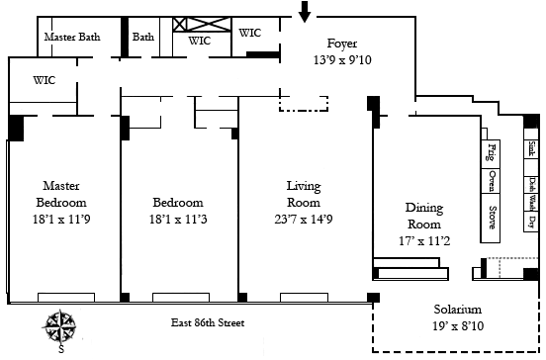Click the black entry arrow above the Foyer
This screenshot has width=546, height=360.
tap(305, 11)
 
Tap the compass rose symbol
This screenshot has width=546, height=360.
tap(60, 326)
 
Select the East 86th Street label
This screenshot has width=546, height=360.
tap(208, 322)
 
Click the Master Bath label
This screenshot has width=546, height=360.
tap(72, 37)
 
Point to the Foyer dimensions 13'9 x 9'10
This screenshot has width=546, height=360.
tap(342, 60)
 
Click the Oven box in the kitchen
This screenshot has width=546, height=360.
tap(491, 181)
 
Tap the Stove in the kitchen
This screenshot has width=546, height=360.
tap(491, 218)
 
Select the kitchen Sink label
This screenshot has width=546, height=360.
tap(531, 148)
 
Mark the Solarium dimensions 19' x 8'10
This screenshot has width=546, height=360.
tap(458, 326)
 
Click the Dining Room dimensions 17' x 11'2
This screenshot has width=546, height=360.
tap(424, 241)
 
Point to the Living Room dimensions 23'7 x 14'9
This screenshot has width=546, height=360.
tap(304, 220)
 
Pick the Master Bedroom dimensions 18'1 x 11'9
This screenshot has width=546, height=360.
tap(61, 220)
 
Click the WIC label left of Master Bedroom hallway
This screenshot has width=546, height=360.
tap(45, 80)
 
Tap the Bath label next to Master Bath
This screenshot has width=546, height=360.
tap(143, 37)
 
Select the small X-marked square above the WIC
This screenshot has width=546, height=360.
tap(180, 25)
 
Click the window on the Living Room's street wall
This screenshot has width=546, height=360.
tap(304, 298)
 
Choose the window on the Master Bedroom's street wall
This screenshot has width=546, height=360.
tap(66, 298)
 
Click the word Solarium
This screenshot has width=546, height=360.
tap(458, 310)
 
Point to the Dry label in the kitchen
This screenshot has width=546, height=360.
tap(531, 222)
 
